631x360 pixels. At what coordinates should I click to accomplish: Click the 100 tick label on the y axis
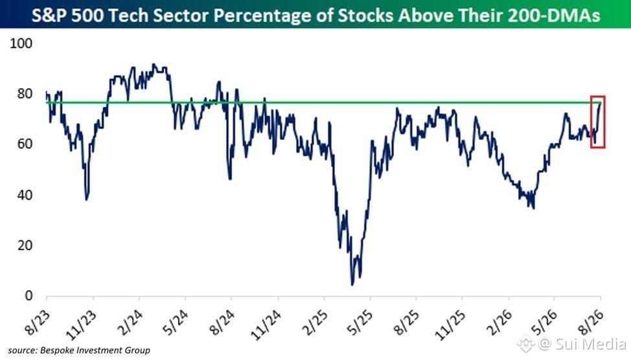tap(21, 43)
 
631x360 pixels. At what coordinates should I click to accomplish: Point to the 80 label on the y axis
tap(25, 94)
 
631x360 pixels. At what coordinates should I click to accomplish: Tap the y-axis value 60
tap(25, 144)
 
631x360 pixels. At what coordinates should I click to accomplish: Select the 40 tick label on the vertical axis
tap(25, 195)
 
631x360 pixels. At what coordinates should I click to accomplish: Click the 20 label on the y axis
tap(25, 245)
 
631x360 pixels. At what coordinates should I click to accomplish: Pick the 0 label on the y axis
tap(29, 296)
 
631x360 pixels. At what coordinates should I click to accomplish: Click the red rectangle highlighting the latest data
tap(591, 122)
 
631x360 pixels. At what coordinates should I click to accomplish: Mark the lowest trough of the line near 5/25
tap(352, 285)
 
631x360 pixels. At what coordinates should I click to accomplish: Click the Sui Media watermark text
tap(591, 344)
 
